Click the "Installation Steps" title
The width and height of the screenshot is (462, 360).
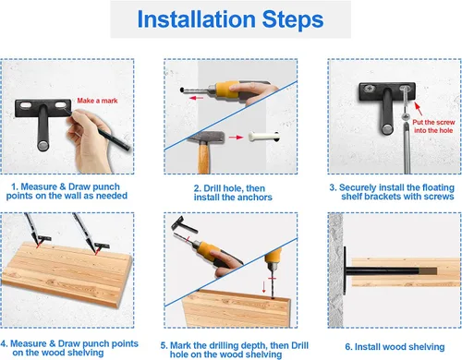230,19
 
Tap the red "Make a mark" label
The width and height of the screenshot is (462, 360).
97,101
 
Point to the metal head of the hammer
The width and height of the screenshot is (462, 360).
206,138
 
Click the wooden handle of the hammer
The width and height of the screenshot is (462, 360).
204,158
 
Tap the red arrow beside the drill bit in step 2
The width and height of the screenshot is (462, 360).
196,98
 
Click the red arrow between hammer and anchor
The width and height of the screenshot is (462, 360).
236,137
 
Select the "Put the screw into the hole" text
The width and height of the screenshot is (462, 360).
433,126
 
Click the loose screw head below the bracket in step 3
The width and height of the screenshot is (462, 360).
407,116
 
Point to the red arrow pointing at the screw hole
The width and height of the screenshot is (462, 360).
418,109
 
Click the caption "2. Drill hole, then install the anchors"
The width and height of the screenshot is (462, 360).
233,193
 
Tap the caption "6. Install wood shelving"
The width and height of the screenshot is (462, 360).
395,347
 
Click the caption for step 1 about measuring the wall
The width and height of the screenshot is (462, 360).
67,191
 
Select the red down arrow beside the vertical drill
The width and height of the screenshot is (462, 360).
264,287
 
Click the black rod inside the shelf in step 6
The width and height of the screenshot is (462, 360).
382,271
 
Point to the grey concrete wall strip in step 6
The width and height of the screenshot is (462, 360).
335,270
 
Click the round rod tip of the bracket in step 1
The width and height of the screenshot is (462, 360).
43,146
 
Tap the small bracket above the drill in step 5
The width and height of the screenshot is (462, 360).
184,224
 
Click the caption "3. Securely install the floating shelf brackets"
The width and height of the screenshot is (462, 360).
392,192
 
